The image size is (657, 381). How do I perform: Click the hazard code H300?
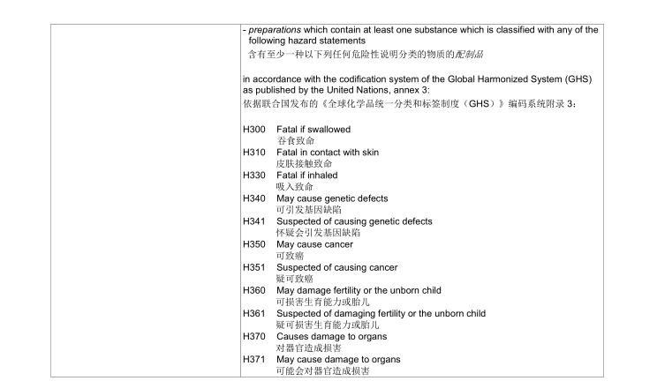[x=253, y=130]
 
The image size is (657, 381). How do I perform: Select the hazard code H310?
[x=253, y=153]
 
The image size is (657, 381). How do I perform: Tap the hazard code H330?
[x=253, y=176]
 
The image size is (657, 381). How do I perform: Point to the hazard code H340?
[x=253, y=198]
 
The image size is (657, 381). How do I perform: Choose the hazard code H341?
[x=253, y=221]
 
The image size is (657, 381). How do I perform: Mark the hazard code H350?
[x=253, y=244]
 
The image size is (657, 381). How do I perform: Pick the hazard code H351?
[x=253, y=267]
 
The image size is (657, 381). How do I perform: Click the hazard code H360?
[x=253, y=290]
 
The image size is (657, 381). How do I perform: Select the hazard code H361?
[x=253, y=313]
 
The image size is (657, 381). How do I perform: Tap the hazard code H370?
[x=253, y=336]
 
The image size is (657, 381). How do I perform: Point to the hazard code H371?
[x=253, y=359]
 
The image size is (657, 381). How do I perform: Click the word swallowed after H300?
[x=328, y=130]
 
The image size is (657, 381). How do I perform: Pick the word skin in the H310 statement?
[x=370, y=153]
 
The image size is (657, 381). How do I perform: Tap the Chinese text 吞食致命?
[x=295, y=141]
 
